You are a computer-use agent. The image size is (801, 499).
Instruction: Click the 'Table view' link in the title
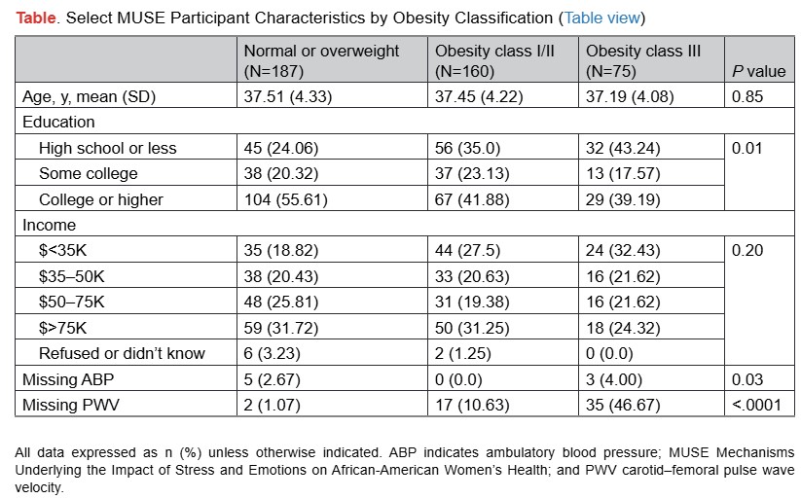tap(601, 18)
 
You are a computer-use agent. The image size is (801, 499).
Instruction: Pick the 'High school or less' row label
tap(108, 148)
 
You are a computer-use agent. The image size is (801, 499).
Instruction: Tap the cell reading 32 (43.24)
tap(618, 148)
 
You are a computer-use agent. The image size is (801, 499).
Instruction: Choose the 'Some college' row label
tap(89, 173)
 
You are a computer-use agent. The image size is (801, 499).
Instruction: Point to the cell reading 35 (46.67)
tap(618, 404)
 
